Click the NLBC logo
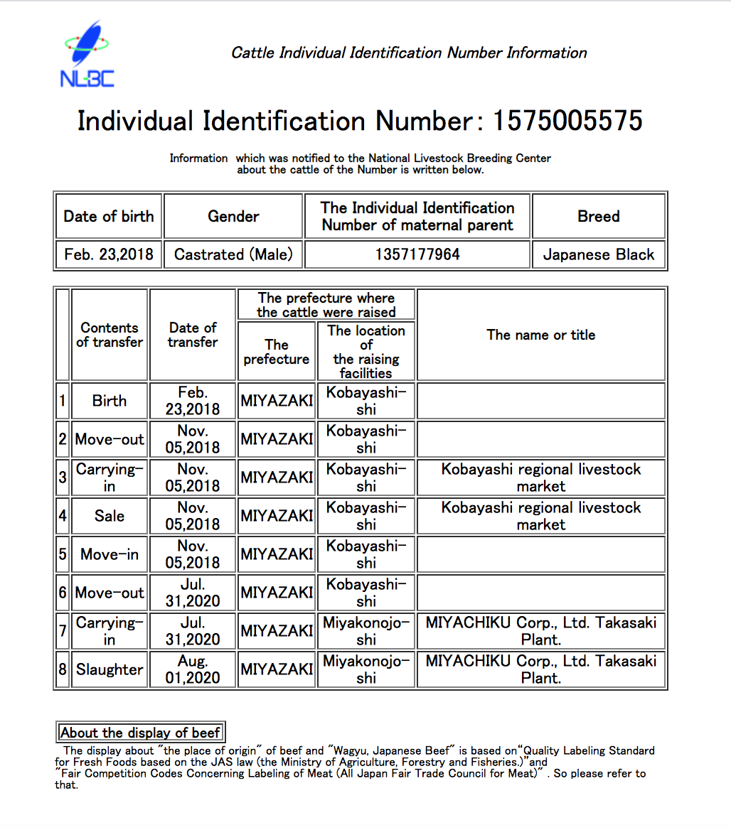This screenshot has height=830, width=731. (x=87, y=55)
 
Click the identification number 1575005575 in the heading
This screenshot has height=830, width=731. (x=567, y=121)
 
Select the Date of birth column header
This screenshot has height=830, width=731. (x=109, y=216)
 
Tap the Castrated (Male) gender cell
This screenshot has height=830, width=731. (x=233, y=254)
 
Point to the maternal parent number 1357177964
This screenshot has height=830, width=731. (x=417, y=254)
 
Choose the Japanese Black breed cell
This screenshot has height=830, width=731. (x=599, y=254)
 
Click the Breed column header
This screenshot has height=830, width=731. (x=599, y=216)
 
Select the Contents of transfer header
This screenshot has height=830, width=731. (x=110, y=335)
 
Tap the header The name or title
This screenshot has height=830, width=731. (x=541, y=335)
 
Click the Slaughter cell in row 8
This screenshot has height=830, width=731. (x=110, y=669)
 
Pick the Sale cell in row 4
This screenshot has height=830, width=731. (x=110, y=516)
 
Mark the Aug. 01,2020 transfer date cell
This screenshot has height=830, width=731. (x=193, y=669)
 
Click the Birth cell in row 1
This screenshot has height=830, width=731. (x=110, y=401)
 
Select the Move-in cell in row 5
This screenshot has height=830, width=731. (x=110, y=554)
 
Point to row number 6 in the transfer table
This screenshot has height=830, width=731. (x=63, y=593)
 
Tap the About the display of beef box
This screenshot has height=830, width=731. (x=141, y=733)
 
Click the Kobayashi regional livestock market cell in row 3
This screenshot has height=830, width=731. (x=541, y=478)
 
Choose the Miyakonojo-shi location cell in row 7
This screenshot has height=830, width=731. (x=366, y=631)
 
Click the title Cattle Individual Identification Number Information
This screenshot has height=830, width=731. (x=409, y=53)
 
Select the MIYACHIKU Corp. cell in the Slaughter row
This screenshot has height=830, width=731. (x=541, y=669)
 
